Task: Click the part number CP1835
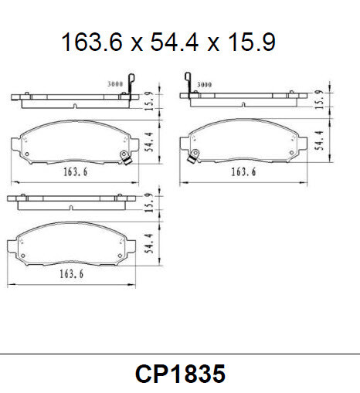180,374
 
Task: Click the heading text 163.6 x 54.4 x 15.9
168,42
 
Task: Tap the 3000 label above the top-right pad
205,83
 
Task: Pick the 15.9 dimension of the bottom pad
148,202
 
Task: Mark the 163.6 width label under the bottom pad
70,273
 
